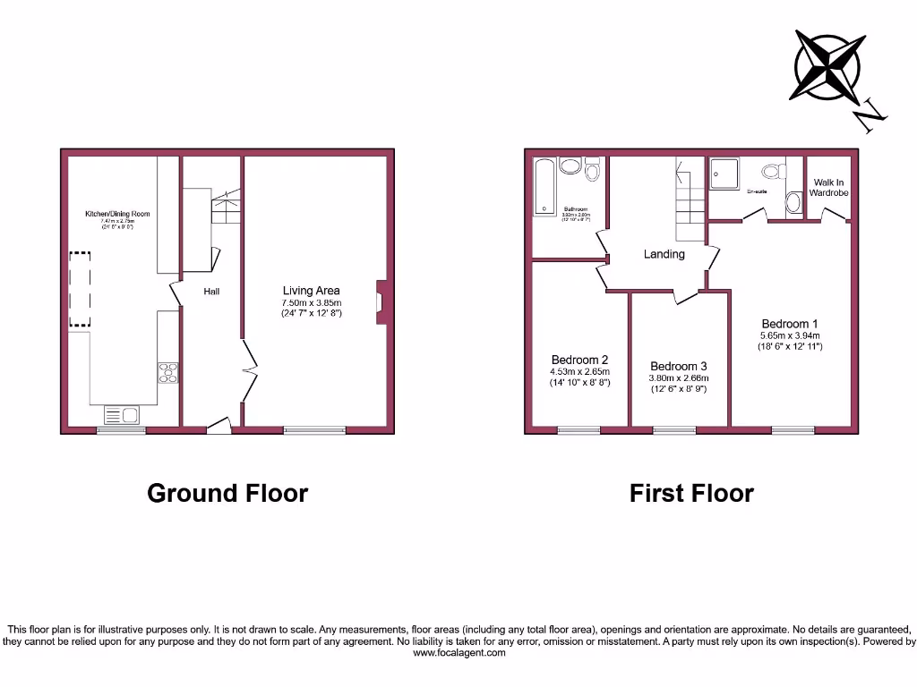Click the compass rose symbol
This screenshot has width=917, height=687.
[827, 66]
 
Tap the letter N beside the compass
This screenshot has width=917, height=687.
[870, 117]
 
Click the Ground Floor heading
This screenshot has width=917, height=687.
[227, 493]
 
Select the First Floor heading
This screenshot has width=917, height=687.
[691, 493]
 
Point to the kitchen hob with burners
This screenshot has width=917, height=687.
[167, 372]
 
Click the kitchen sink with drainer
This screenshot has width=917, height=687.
[122, 414]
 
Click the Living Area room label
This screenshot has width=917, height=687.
[311, 291]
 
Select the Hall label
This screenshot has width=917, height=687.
[211, 292]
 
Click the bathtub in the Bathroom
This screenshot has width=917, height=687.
[544, 188]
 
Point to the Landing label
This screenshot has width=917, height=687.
[664, 254]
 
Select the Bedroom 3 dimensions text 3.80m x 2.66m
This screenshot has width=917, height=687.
[678, 378]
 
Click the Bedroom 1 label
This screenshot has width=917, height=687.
[789, 324]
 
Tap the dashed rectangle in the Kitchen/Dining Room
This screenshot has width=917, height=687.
[81, 288]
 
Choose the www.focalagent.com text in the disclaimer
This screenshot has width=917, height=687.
[458, 653]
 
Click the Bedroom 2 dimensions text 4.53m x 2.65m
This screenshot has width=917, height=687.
[579, 372]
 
